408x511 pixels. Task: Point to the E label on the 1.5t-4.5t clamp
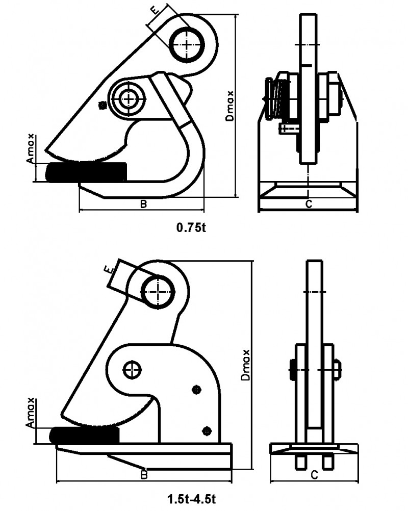pyautogui.click(x=108, y=269)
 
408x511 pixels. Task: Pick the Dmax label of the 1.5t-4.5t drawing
pyautogui.click(x=247, y=365)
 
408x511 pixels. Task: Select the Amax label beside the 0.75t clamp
pyautogui.click(x=32, y=149)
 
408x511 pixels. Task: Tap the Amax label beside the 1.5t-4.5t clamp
pyautogui.click(x=31, y=412)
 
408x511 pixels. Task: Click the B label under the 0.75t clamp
pyautogui.click(x=143, y=204)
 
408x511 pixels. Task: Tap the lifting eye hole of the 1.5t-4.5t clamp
pyautogui.click(x=160, y=292)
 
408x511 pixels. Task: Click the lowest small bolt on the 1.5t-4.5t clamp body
pyautogui.click(x=207, y=430)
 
